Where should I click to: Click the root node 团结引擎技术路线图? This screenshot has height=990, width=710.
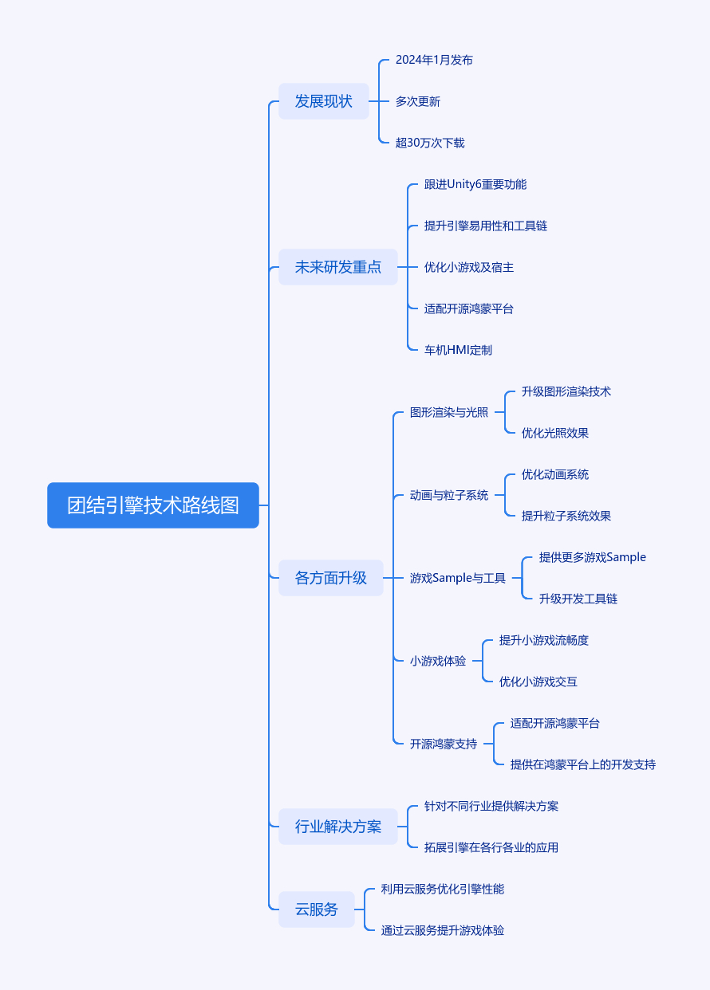tap(153, 505)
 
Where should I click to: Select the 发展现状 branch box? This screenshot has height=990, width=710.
tap(324, 101)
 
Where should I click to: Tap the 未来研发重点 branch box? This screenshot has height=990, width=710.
tap(338, 267)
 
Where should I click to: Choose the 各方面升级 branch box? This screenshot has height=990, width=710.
tap(331, 578)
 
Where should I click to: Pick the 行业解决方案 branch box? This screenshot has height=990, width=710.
tap(338, 827)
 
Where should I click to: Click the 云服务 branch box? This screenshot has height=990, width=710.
tap(317, 909)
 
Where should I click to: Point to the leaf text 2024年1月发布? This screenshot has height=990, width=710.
tap(434, 60)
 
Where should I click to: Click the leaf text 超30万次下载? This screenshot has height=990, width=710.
tap(430, 143)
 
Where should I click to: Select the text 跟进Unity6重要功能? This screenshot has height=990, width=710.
tap(475, 184)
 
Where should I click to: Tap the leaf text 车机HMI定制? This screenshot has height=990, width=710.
tap(459, 350)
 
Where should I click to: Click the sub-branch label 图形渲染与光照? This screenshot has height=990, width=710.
tap(449, 412)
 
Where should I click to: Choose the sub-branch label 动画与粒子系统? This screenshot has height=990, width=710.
tap(449, 495)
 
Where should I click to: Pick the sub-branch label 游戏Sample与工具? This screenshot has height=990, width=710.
tap(458, 578)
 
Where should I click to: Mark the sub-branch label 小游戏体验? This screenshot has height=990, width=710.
tap(438, 661)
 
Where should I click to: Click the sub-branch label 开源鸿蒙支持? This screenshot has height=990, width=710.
tap(444, 744)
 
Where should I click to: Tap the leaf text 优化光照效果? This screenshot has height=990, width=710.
tap(555, 433)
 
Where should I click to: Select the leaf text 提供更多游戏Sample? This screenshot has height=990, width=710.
tap(593, 557)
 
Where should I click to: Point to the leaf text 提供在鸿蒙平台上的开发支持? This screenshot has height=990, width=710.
tap(583, 764)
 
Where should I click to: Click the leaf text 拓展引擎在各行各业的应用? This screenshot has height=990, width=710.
tap(491, 847)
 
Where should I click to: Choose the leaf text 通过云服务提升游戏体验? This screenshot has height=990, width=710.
tap(443, 930)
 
